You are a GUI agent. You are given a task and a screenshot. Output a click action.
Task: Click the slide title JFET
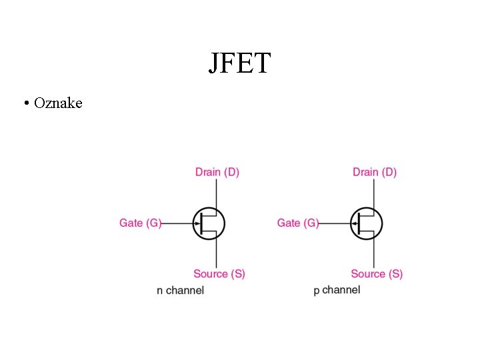click(x=239, y=63)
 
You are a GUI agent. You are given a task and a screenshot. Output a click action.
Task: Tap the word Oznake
click(x=58, y=103)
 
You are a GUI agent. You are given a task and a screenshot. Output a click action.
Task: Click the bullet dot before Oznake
click(x=25, y=103)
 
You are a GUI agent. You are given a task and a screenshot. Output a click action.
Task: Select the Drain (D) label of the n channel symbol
click(x=217, y=172)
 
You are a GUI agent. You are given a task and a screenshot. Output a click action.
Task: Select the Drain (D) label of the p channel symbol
click(x=375, y=172)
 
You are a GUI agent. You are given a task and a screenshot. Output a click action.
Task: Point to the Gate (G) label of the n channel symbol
click(x=140, y=223)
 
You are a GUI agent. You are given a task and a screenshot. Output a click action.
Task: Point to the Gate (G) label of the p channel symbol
click(x=298, y=223)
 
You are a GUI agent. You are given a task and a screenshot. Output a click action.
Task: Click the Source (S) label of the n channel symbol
click(x=219, y=273)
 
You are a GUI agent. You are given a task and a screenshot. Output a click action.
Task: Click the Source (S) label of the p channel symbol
click(x=377, y=273)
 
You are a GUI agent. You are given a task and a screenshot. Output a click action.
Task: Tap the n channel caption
click(x=180, y=290)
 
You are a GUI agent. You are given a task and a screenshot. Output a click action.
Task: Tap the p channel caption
click(x=337, y=290)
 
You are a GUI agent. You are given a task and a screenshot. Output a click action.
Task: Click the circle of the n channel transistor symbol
click(x=222, y=213)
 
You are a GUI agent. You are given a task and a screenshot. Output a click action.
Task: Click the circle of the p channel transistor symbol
click(x=380, y=213)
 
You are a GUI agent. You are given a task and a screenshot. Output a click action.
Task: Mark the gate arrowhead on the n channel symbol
click(x=197, y=223)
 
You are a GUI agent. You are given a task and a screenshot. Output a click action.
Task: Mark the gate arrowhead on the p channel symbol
click(x=355, y=223)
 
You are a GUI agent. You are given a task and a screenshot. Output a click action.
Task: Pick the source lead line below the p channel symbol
click(x=375, y=253)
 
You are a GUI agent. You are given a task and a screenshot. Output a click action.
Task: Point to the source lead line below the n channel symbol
click(x=217, y=253)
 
